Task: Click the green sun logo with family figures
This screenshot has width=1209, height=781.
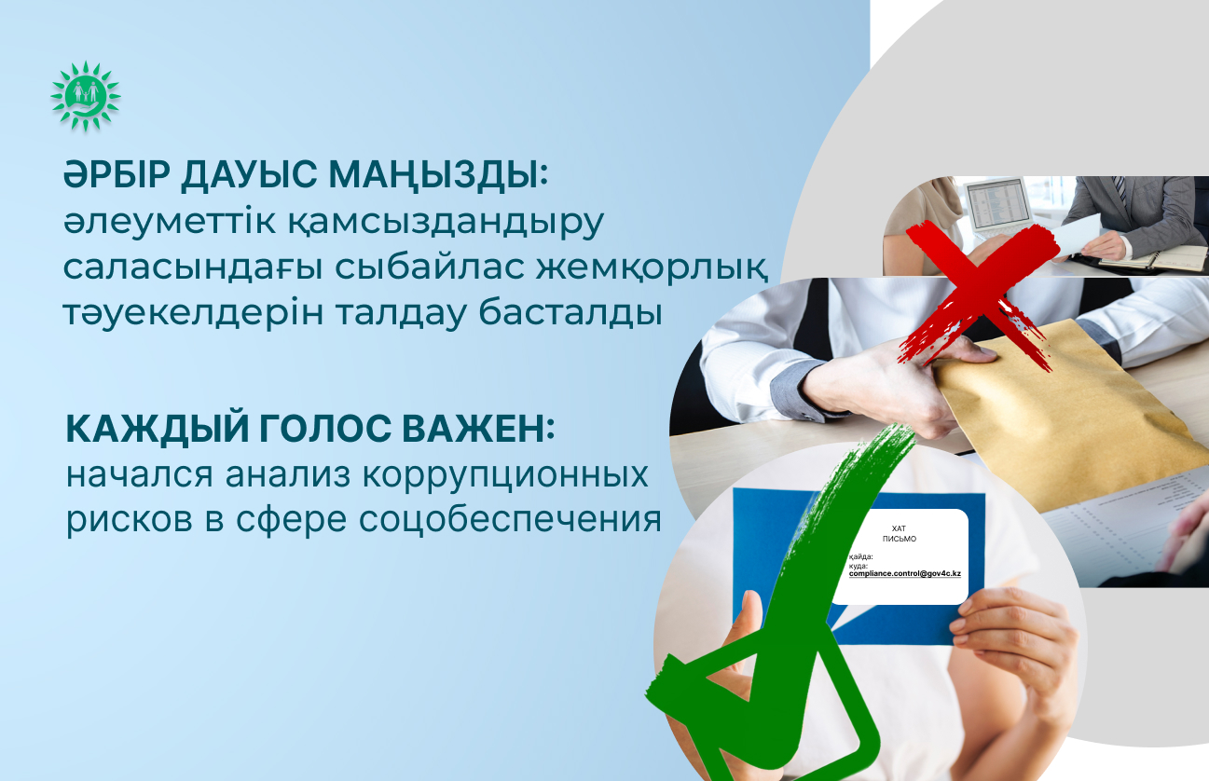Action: pos(85,96)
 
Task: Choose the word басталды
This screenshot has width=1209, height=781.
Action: pos(570,312)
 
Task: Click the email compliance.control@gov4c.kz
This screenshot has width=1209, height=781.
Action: pos(905,574)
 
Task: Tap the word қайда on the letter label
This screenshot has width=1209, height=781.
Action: pos(860,556)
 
